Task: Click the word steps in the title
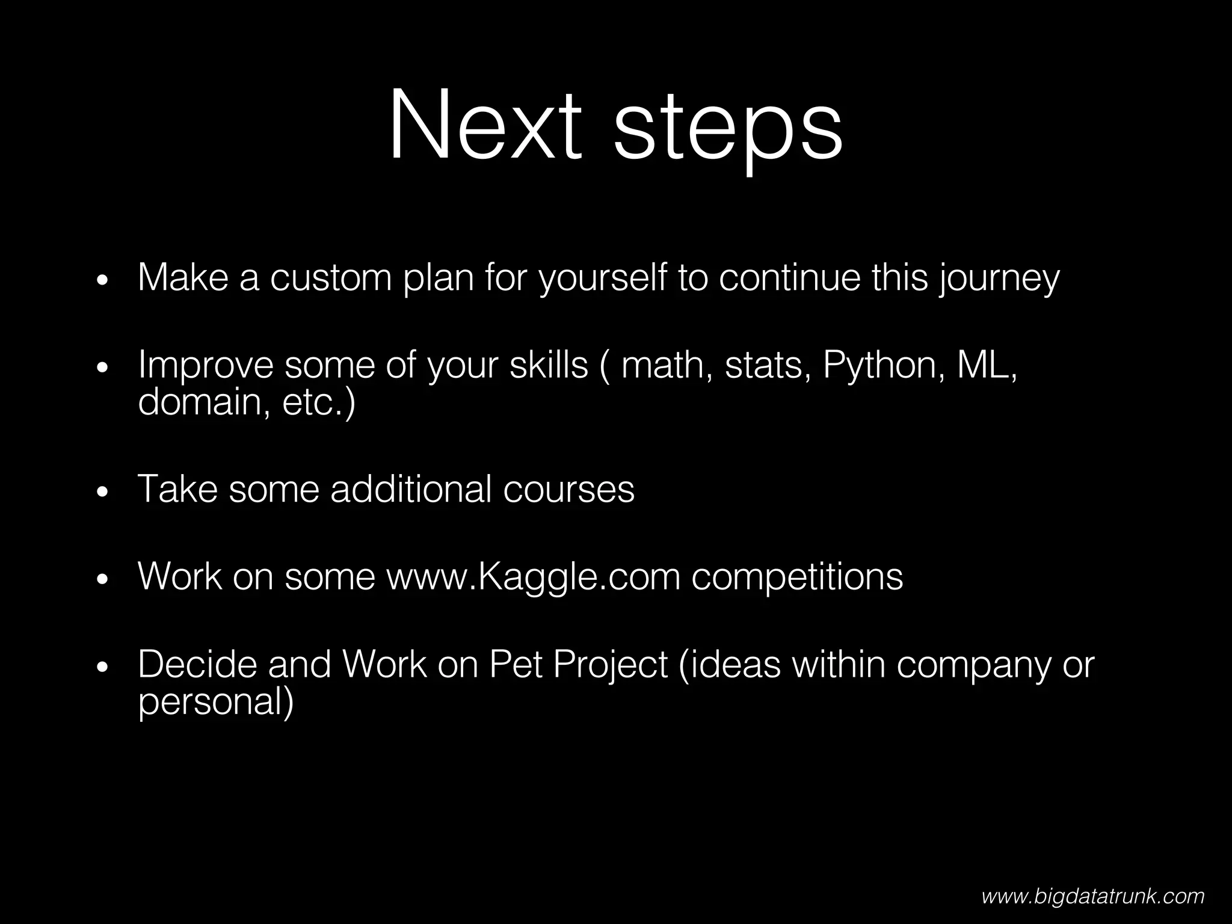[727, 129]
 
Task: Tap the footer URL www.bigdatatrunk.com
[1093, 896]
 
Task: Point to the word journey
[999, 280]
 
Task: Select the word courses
[568, 488]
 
